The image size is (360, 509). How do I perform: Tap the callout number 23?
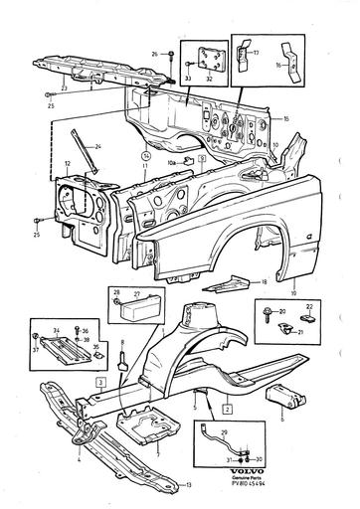tap(65, 86)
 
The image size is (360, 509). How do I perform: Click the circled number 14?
tap(146, 156)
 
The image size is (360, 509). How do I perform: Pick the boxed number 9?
tap(201, 156)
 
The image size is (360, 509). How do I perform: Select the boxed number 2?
tap(227, 409)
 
